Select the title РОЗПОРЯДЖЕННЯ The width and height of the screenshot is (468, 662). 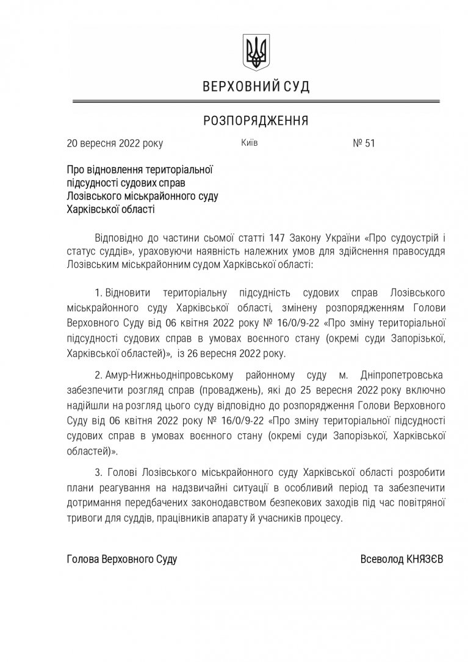pos(256,121)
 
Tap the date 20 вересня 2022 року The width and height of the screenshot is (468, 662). pos(115,145)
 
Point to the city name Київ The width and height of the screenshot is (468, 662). pos(250,144)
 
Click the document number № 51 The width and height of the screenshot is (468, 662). pos(364,145)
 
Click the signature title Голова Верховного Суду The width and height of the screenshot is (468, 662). pos(122,559)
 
